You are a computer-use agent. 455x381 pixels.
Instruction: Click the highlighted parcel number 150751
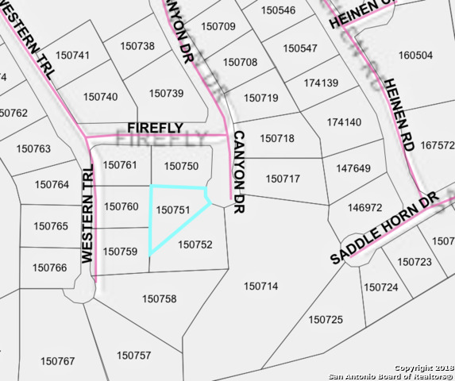click(172, 210)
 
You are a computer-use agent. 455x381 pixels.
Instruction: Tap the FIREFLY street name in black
click(156, 128)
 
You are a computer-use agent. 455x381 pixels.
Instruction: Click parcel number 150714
click(261, 286)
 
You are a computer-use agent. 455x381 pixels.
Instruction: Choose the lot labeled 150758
click(159, 298)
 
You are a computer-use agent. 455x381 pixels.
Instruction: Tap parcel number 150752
click(195, 244)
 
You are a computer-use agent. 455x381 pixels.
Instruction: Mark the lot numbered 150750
click(180, 166)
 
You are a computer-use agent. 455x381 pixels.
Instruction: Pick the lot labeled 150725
click(326, 319)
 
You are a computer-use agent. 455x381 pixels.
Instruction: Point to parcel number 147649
click(353, 168)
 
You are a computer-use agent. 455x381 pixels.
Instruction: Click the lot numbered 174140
click(343, 122)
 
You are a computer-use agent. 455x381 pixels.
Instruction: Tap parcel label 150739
click(167, 94)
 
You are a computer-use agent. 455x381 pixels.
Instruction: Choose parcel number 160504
click(415, 56)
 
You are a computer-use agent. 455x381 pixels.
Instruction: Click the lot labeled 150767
click(58, 361)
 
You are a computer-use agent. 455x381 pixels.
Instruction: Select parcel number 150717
click(282, 179)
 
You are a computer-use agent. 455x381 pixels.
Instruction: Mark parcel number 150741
click(73, 55)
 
